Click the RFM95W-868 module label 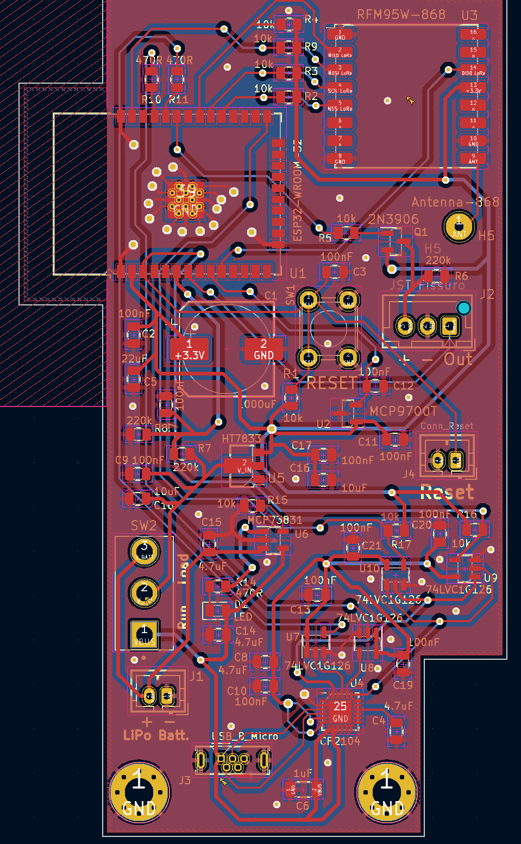[x=401, y=15]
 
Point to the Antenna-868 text [x=455, y=202]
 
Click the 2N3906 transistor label [x=393, y=219]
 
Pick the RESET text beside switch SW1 [x=332, y=383]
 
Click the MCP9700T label [x=403, y=411]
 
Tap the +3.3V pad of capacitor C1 [x=189, y=349]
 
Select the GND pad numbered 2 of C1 [x=263, y=349]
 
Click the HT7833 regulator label [x=241, y=438]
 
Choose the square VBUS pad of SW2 [x=144, y=634]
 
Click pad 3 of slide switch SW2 [x=144, y=551]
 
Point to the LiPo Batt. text [x=156, y=735]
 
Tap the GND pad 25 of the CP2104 [x=340, y=711]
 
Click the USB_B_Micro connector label [x=244, y=736]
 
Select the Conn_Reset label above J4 [x=447, y=426]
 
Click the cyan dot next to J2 [x=463, y=309]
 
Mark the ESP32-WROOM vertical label [x=297, y=201]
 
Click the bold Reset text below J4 [x=447, y=493]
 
